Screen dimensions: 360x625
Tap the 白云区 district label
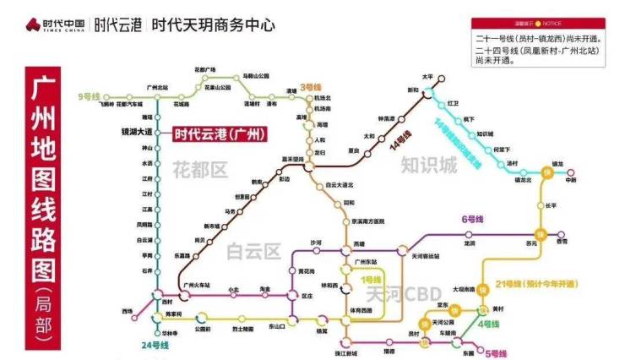254,252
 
